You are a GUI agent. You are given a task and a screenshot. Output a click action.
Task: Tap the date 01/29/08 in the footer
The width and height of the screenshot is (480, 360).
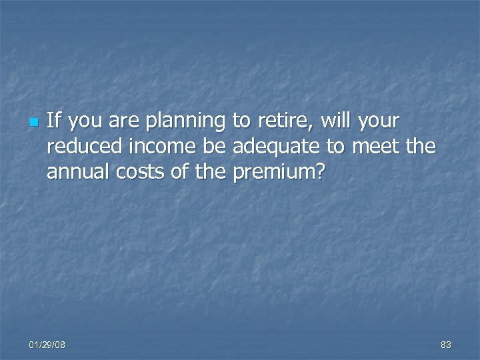point(47,345)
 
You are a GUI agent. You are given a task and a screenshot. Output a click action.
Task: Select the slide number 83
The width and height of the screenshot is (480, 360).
point(446,345)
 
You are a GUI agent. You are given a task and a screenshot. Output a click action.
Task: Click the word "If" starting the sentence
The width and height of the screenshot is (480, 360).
point(55,121)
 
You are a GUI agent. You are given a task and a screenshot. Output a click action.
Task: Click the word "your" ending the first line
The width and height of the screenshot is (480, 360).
point(379,122)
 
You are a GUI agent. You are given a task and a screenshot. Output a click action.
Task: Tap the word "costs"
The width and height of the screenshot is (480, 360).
point(130,172)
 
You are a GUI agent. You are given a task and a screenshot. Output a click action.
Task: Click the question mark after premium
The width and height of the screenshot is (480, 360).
point(319,172)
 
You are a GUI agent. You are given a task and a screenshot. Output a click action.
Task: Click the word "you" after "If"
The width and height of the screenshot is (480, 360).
point(87,122)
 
